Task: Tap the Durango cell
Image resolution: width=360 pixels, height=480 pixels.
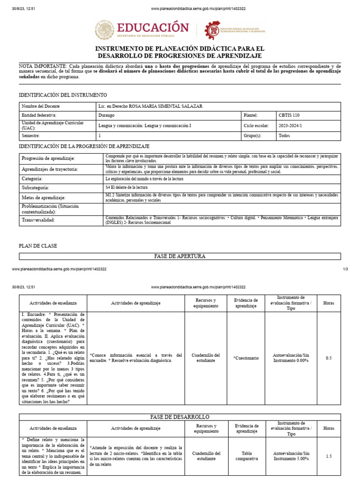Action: pos(106,115)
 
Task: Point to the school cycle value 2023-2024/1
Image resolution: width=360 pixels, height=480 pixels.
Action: pos(291,126)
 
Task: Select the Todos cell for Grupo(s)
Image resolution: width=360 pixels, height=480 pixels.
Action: pos(285,135)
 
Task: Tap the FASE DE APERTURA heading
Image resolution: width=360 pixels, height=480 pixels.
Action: pos(180,256)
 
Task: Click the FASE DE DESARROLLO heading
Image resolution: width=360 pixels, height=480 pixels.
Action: pos(180,417)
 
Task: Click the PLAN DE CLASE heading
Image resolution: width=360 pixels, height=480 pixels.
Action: pos(37,245)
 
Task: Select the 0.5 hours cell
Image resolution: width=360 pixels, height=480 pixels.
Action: pos(329,358)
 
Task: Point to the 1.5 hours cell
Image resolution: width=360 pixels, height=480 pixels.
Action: pos(329,456)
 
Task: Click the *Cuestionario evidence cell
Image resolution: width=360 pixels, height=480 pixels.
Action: pos(246,358)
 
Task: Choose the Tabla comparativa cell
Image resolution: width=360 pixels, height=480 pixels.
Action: pos(247,456)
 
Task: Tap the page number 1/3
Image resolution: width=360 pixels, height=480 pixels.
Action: pos(345,269)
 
